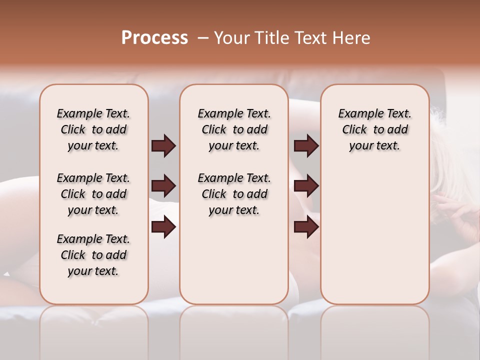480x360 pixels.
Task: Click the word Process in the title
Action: pos(154,38)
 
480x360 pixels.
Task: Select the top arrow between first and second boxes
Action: pos(163,145)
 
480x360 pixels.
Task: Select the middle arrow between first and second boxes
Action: pos(163,186)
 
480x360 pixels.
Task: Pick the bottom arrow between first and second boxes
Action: pos(163,227)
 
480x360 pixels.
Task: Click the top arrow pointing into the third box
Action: pos(306,145)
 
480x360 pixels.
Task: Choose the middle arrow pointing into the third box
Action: pos(306,186)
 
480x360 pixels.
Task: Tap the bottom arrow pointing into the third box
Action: pos(306,227)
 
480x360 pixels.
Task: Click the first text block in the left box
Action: pos(93,129)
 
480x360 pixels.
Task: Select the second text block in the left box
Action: pos(93,194)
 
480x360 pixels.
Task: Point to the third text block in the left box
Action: pos(93,255)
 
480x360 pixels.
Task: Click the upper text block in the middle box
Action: pos(234,129)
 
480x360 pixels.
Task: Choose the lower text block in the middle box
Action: pos(234,194)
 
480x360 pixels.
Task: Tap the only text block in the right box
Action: pos(374,129)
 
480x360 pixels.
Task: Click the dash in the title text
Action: pos(203,38)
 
